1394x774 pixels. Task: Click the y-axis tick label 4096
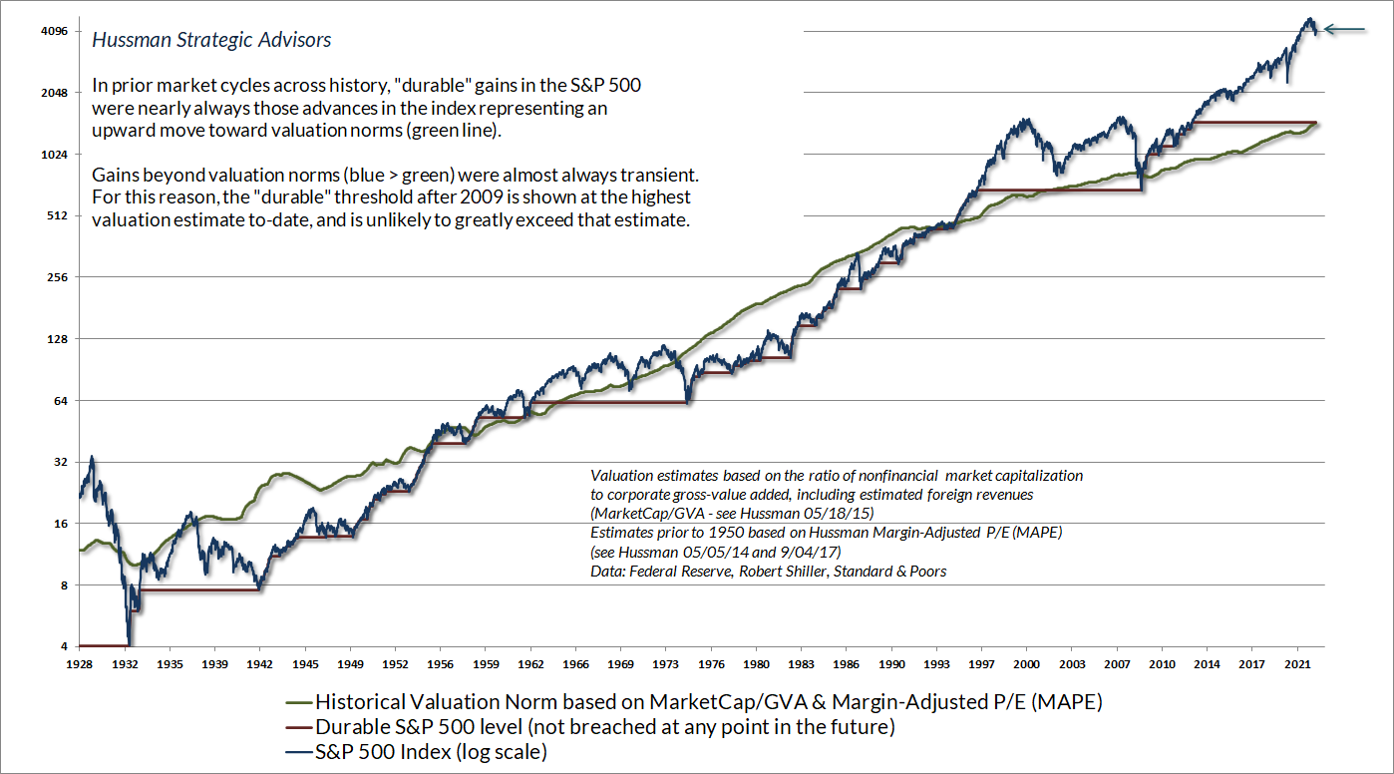click(x=54, y=31)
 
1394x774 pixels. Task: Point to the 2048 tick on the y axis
click(x=54, y=93)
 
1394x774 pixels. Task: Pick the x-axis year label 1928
click(x=80, y=662)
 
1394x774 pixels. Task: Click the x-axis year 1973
click(x=666, y=662)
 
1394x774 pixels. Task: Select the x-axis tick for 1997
click(x=982, y=662)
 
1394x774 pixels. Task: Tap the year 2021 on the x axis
click(x=1297, y=662)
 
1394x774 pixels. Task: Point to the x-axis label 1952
click(x=395, y=662)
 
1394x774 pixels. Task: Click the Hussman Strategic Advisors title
click(x=211, y=41)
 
